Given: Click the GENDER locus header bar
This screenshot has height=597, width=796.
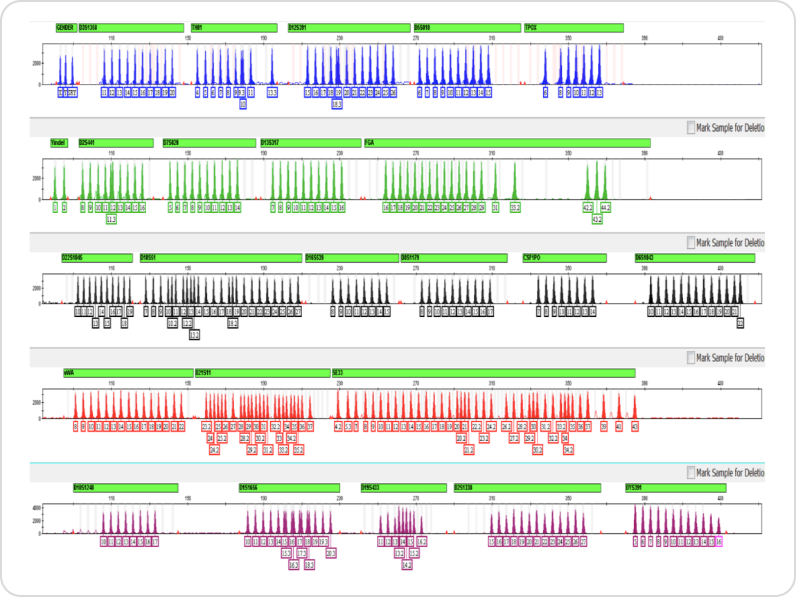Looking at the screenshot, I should pyautogui.click(x=66, y=28).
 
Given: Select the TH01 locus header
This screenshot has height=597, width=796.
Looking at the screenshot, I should pyautogui.click(x=233, y=28).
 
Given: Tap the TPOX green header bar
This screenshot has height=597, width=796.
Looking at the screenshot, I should pyautogui.click(x=574, y=28).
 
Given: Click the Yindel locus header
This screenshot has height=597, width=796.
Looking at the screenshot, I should pyautogui.click(x=59, y=143).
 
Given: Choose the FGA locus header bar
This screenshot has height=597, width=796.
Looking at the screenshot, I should pyautogui.click(x=506, y=143).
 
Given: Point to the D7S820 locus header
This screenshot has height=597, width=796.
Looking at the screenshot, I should pyautogui.click(x=209, y=143).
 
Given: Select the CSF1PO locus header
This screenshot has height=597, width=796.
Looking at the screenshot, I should pyautogui.click(x=564, y=258).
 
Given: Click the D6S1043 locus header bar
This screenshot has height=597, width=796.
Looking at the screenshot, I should pyautogui.click(x=694, y=258).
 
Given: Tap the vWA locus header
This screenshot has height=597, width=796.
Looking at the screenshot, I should pyautogui.click(x=128, y=373).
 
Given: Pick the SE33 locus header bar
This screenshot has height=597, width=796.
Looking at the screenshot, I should pyautogui.click(x=483, y=373).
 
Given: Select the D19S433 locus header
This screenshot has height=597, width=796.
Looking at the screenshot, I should pyautogui.click(x=401, y=487).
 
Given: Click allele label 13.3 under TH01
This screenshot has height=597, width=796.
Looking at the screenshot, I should pyautogui.click(x=272, y=92).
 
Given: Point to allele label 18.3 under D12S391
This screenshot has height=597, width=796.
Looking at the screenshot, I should pyautogui.click(x=337, y=104).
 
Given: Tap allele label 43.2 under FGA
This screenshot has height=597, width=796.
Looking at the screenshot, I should pyautogui.click(x=596, y=219).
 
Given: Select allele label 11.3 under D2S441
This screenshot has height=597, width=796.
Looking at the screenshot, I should pyautogui.click(x=112, y=219).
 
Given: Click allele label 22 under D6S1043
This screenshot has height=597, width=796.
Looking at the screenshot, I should pyautogui.click(x=740, y=323).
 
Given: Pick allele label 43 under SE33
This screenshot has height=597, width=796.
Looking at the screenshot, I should pyautogui.click(x=635, y=426).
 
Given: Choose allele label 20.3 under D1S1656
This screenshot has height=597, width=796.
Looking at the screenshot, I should pyautogui.click(x=330, y=553).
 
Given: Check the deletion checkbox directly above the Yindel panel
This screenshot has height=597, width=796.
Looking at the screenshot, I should pyautogui.click(x=691, y=128).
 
